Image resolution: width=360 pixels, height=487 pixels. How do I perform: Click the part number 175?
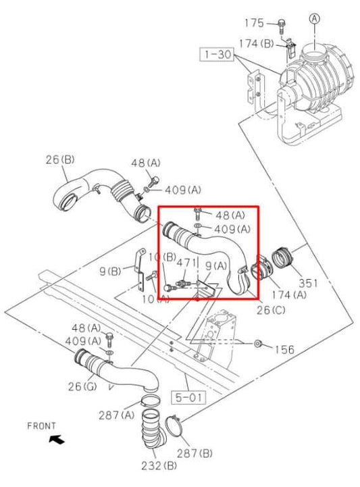pyautogui.click(x=255, y=23)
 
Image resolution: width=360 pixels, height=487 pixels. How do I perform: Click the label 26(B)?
pyautogui.click(x=59, y=160)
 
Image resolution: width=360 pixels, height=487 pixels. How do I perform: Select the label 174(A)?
pyautogui.click(x=290, y=295)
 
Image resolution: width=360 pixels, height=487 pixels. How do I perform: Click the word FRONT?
pyautogui.click(x=41, y=426)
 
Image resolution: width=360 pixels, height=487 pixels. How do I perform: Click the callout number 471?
pyautogui.click(x=187, y=262)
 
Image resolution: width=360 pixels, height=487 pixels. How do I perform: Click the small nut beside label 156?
pyautogui.click(x=258, y=344)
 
